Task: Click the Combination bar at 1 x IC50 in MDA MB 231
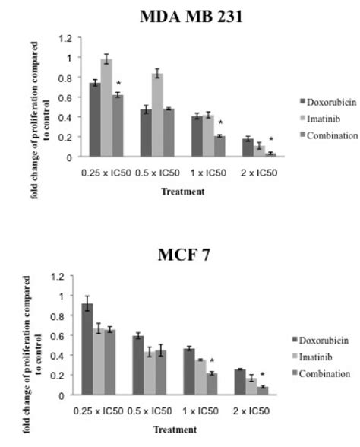click(219, 147)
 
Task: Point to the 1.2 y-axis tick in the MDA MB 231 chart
click(66, 38)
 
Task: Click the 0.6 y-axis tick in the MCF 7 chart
click(66, 335)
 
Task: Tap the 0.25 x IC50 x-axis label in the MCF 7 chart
click(100, 411)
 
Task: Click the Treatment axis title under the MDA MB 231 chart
click(182, 192)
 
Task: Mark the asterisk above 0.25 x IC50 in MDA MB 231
click(118, 84)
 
